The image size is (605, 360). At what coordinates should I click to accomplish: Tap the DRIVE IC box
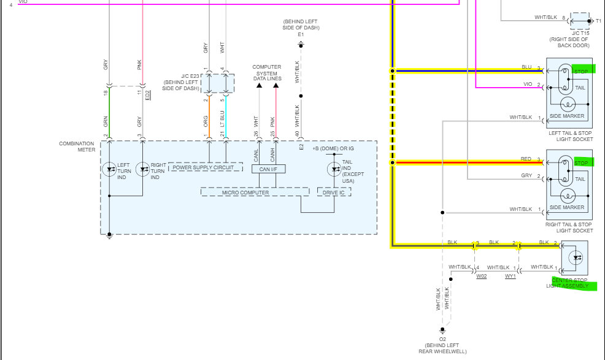pos(334,192)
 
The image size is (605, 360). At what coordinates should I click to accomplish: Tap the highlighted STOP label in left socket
pos(580,71)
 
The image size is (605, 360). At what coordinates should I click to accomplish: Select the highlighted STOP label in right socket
pos(580,163)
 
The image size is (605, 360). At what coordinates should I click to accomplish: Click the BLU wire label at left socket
pos(526,67)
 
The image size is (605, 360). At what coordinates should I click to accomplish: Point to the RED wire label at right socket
pos(526,159)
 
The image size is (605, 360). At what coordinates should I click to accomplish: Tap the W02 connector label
pos(482,277)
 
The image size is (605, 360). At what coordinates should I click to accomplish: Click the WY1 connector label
pos(511,277)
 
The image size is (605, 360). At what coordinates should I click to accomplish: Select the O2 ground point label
pos(442,339)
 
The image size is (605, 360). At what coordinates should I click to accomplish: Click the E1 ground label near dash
pos(301,34)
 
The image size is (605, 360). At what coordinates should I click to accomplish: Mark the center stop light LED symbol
pos(576,258)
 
